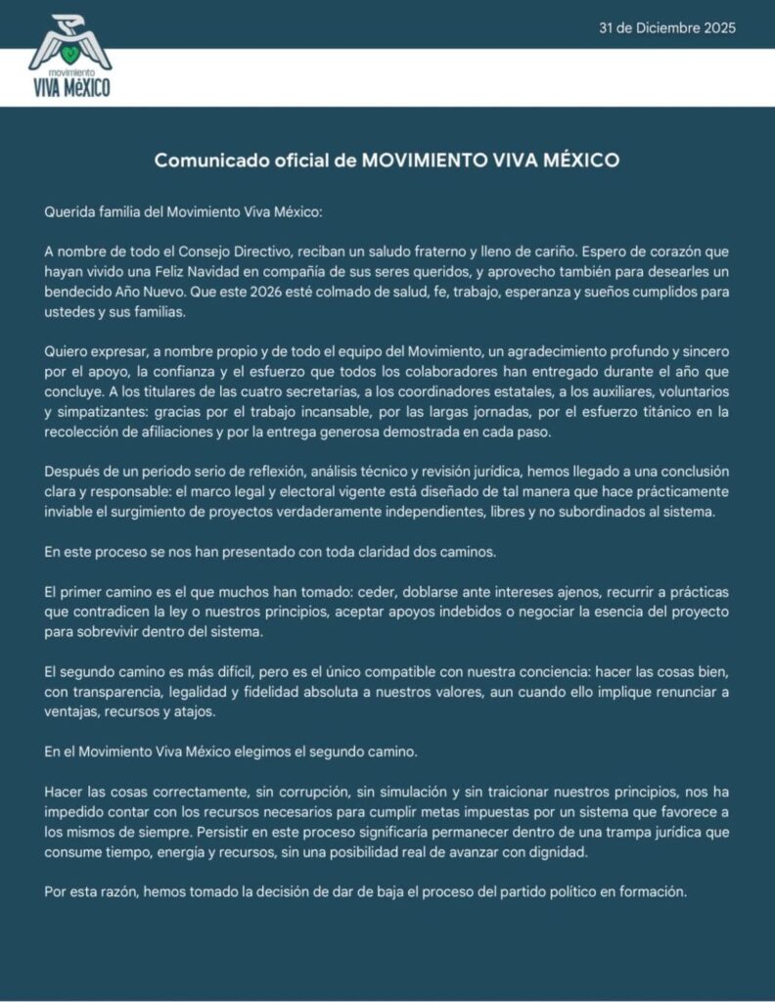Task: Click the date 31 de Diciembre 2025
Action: point(666,27)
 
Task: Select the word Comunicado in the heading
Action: point(203,160)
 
